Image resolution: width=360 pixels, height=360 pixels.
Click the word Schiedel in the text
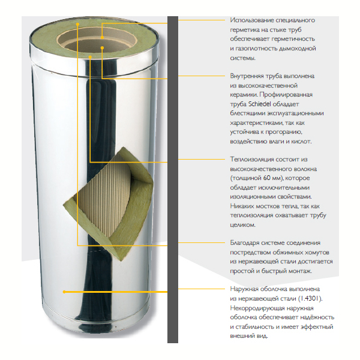(260, 104)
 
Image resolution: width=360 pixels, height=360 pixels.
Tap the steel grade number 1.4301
(310, 298)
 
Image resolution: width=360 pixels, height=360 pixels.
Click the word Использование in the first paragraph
(251, 20)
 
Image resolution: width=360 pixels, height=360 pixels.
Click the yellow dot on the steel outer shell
(64, 292)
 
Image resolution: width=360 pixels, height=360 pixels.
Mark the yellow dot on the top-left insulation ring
(78, 24)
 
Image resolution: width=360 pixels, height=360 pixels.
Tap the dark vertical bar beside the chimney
(173, 179)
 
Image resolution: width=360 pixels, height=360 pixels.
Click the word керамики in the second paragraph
(244, 95)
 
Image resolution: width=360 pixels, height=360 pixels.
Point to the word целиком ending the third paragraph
(242, 225)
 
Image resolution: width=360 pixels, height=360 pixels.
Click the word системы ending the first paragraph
(242, 58)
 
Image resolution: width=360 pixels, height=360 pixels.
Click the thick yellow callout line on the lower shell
(116, 292)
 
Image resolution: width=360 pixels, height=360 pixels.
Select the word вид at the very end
(262, 336)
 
